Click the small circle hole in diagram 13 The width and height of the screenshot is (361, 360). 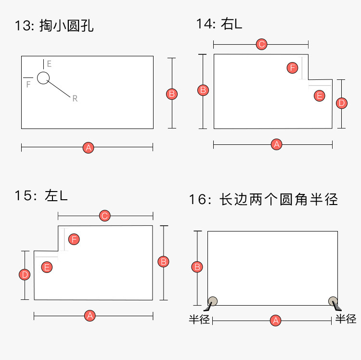(43, 77)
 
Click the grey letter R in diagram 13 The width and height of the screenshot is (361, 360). (75, 99)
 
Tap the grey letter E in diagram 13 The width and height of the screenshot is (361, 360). (49, 64)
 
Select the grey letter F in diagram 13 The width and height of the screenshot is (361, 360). (28, 84)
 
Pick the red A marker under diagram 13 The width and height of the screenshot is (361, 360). (88, 148)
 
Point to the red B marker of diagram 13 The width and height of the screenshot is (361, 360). (172, 94)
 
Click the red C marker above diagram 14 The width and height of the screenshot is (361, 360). (261, 45)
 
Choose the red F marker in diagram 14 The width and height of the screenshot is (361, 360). (292, 68)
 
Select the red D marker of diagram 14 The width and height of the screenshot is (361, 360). (341, 103)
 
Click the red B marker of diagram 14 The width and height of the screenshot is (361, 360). (204, 90)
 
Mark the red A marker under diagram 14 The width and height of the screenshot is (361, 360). (276, 144)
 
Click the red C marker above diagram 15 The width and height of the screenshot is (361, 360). (105, 216)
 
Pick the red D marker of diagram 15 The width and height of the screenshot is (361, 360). (25, 275)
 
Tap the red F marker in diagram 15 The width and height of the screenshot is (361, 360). (74, 239)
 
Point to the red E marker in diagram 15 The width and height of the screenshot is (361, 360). (47, 267)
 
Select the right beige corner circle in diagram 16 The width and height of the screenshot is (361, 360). (333, 301)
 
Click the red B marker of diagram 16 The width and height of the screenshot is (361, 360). (197, 267)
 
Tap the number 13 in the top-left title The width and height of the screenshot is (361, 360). (24, 26)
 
